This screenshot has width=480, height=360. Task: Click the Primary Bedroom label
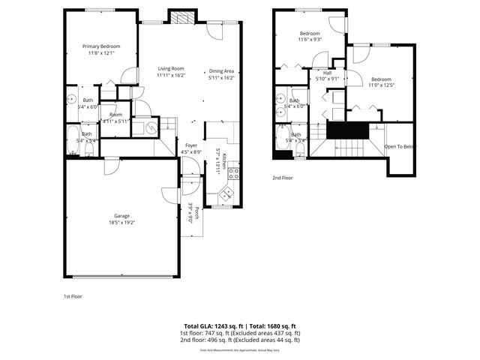point(100,46)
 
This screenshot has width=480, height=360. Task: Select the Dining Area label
point(221,70)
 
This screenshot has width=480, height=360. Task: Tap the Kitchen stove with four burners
point(233,173)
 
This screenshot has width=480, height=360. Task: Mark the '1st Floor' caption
point(73,296)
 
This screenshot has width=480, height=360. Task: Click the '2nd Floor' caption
point(283,178)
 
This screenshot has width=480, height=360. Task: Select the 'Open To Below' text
point(399,147)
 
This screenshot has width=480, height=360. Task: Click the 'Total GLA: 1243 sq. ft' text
point(212,326)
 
